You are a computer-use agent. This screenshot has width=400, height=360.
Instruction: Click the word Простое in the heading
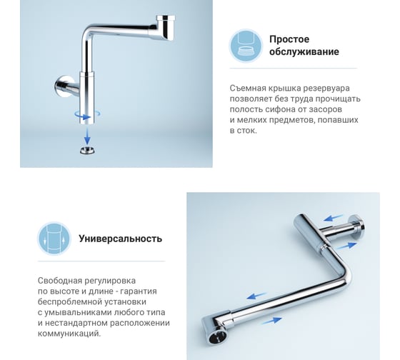[289, 39]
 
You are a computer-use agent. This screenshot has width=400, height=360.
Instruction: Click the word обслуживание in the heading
[304, 52]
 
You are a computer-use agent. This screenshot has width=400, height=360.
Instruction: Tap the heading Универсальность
[121, 239]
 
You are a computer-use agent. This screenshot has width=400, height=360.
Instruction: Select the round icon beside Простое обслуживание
[246, 46]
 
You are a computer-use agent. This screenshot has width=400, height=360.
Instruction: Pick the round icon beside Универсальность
[54, 239]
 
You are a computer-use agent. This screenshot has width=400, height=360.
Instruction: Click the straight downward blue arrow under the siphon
[87, 136]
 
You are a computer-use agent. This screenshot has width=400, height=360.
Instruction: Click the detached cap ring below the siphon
[87, 151]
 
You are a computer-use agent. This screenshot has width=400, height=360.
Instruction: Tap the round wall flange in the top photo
[61, 86]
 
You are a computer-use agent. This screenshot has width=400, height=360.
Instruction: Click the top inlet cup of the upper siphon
[166, 28]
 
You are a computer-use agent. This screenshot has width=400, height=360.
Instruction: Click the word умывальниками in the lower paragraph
[79, 313]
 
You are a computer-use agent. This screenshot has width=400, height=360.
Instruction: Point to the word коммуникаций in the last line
[68, 334]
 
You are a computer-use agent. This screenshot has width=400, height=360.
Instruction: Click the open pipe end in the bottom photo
[216, 337]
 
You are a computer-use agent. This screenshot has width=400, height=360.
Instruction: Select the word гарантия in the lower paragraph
[139, 291]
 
